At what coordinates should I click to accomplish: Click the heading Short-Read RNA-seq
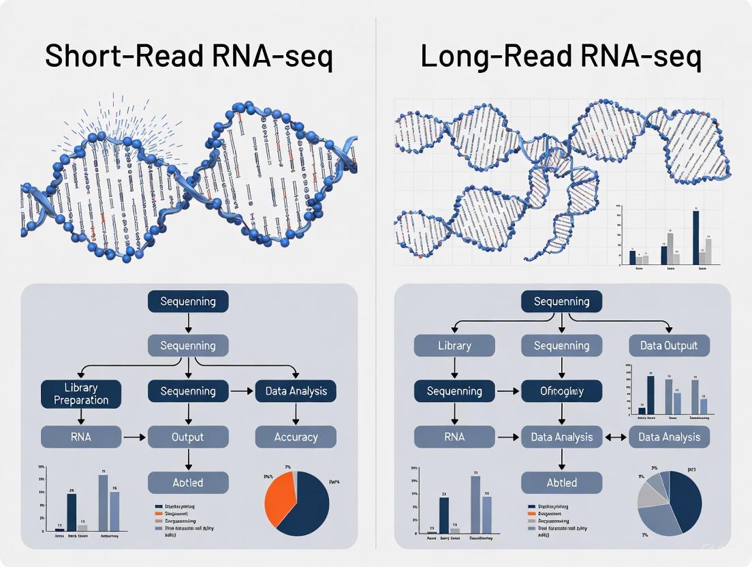(189, 57)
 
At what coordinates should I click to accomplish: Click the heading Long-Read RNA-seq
(561, 57)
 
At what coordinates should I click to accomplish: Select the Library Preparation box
(81, 393)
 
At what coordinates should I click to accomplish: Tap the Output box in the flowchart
(188, 437)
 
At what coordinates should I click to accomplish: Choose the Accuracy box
(296, 437)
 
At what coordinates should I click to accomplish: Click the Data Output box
(669, 346)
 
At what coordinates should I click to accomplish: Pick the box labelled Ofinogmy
(561, 391)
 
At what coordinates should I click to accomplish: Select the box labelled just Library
(454, 346)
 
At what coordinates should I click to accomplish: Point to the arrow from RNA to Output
(134, 437)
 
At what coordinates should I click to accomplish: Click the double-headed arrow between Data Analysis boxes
(615, 437)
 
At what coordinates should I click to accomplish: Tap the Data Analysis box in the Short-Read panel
(296, 391)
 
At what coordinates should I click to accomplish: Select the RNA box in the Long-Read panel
(454, 437)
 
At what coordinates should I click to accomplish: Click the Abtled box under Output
(188, 482)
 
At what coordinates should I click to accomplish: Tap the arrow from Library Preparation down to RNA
(81, 416)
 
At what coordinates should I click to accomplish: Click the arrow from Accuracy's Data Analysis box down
(296, 414)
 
